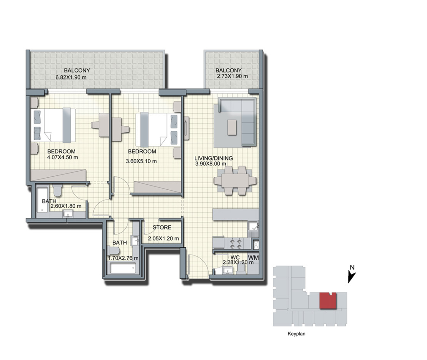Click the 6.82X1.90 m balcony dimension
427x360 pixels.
[x=71, y=78]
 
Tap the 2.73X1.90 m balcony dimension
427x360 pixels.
[x=232, y=76]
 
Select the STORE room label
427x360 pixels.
[x=162, y=227]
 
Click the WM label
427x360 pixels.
[x=253, y=257]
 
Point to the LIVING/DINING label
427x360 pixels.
[x=213, y=158]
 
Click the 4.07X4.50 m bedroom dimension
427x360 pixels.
[x=63, y=157]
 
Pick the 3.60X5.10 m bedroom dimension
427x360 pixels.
[x=141, y=161]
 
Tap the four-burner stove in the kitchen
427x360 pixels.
[x=236, y=243]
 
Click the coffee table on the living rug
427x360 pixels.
[x=232, y=127]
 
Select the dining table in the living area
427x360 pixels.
[x=235, y=181]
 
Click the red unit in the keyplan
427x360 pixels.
[x=328, y=300]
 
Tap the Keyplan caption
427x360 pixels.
[x=296, y=334]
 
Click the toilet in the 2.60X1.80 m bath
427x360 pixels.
[x=57, y=190]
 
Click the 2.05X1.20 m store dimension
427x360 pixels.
[x=163, y=238]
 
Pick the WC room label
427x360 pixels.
[x=235, y=257]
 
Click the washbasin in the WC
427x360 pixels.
[x=227, y=271]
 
